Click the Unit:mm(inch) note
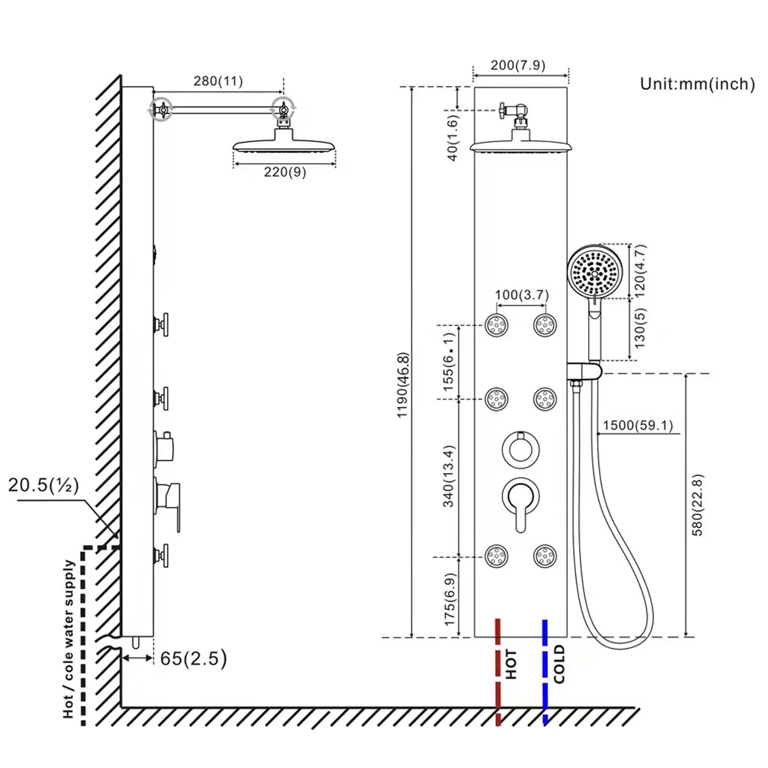click(x=697, y=84)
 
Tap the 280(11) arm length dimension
click(x=218, y=81)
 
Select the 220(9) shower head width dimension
click(x=285, y=172)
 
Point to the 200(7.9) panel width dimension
click(x=518, y=65)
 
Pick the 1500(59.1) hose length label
click(x=637, y=426)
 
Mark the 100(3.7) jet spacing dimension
click(x=522, y=295)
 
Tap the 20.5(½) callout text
click(x=44, y=484)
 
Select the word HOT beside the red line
click(x=511, y=664)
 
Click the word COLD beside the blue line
click(x=559, y=664)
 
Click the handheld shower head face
click(x=595, y=272)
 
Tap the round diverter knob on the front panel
click(x=520, y=448)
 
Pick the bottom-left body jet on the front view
click(x=496, y=555)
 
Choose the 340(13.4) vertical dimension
click(x=449, y=476)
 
